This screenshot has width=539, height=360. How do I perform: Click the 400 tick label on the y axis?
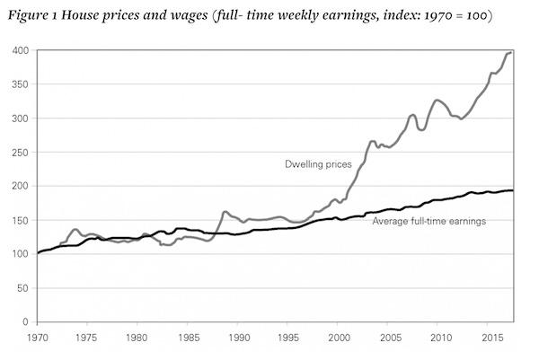pyautogui.click(x=20, y=50)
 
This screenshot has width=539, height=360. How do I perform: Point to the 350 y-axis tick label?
pyautogui.click(x=20, y=84)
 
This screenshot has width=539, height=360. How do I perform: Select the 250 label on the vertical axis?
pyautogui.click(x=20, y=153)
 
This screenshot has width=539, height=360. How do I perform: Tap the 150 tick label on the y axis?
pyautogui.click(x=20, y=220)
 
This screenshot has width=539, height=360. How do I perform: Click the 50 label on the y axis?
pyautogui.click(x=22, y=288)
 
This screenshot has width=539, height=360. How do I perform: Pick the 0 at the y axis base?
pyautogui.click(x=26, y=321)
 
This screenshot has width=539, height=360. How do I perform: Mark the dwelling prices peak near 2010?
pyautogui.click(x=437, y=100)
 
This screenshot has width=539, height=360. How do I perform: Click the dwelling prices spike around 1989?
pyautogui.click(x=225, y=212)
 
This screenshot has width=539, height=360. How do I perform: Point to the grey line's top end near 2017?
pyautogui.click(x=511, y=52)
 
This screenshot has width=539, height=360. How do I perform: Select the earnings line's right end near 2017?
pyautogui.click(x=512, y=190)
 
